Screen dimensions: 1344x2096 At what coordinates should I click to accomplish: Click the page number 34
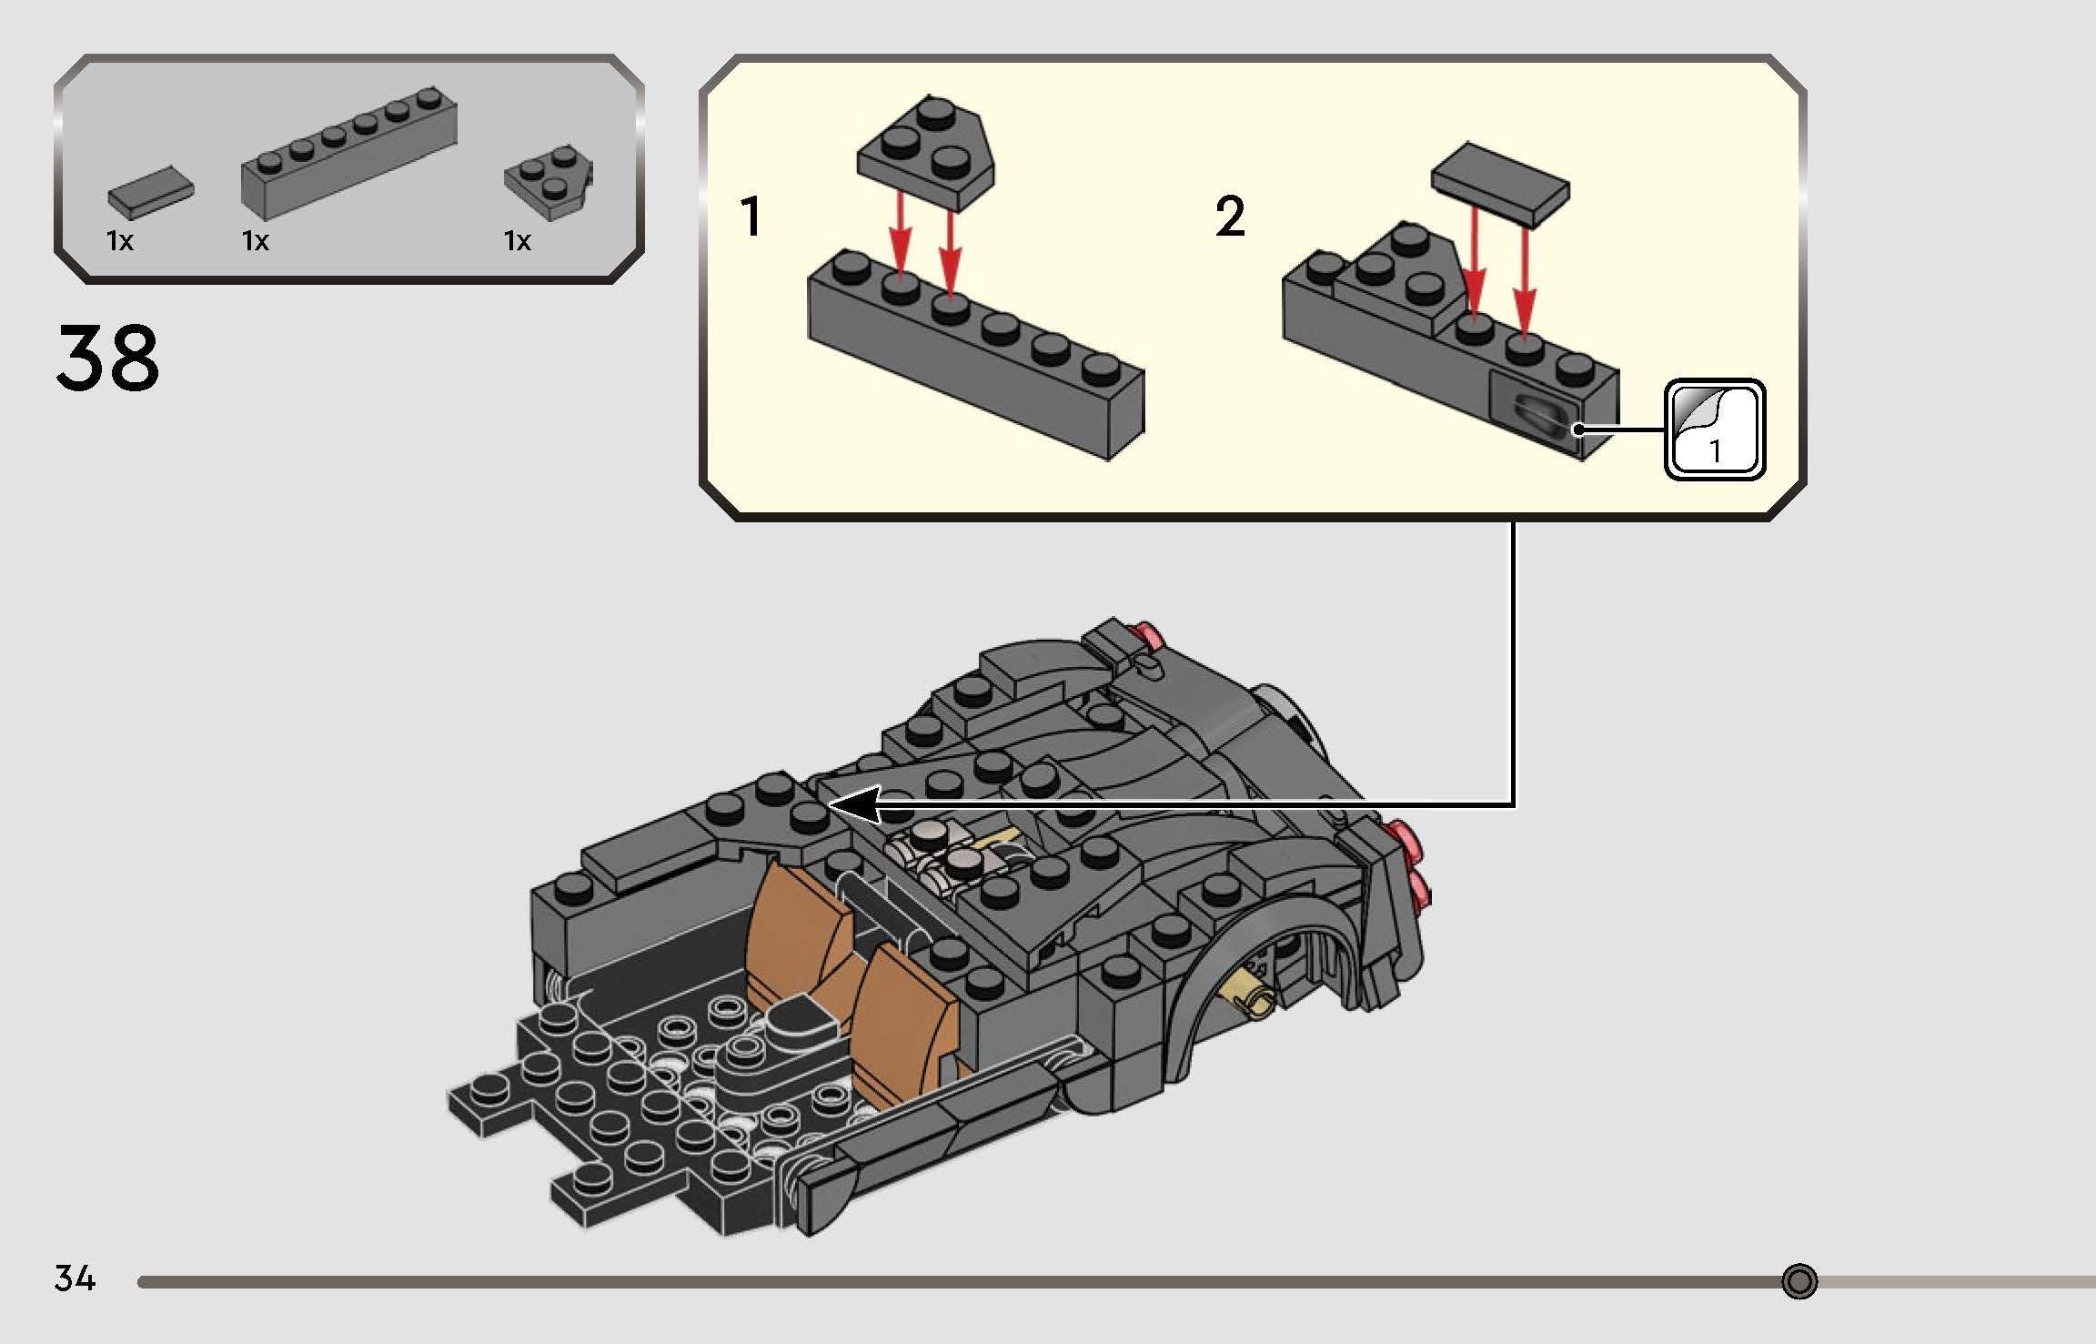click(x=75, y=1278)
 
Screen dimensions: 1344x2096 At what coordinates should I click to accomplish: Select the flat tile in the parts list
click(x=150, y=192)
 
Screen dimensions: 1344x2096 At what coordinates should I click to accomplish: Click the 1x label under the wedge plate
click(x=518, y=241)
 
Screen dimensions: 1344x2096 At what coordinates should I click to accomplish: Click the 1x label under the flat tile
click(x=120, y=241)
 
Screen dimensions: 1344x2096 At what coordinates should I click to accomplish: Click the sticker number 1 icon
click(x=1714, y=430)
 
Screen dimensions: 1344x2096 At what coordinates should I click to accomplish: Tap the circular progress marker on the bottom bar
click(x=1799, y=1281)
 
